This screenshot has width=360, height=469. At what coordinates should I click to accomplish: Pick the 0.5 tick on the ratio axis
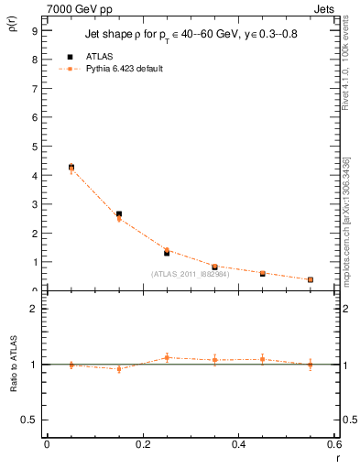coord(30,420)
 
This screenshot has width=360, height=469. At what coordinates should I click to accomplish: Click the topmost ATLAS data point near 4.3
coord(71,167)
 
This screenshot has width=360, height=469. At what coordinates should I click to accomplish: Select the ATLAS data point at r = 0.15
coord(119,214)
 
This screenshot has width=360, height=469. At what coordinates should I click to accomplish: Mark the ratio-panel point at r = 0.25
coord(167,357)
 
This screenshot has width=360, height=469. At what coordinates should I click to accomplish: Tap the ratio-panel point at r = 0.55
coord(311,365)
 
